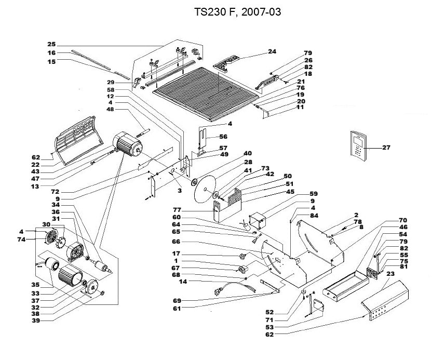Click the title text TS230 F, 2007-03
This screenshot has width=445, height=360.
pos(237,12)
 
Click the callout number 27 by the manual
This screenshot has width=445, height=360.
pos(386,148)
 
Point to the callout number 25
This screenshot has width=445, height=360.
pos(51,44)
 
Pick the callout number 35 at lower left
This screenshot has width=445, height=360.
pos(36,285)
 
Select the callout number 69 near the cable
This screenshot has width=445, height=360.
pos(177,300)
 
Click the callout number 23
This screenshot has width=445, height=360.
pos(391,273)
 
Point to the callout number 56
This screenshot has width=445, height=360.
pos(223,137)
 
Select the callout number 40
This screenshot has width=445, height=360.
pos(248,153)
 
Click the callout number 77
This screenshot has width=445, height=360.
pos(177,210)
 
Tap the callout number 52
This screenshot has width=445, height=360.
pos(284,312)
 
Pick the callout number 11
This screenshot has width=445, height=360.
pos(300,108)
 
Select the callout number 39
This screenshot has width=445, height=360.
pos(36,322)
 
